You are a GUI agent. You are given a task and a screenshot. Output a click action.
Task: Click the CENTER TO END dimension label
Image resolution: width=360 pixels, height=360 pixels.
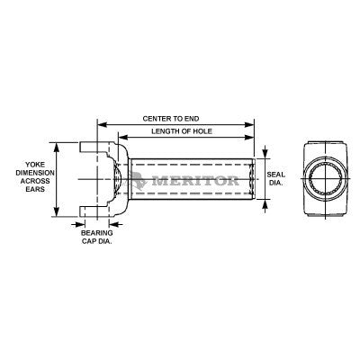tap(175, 119)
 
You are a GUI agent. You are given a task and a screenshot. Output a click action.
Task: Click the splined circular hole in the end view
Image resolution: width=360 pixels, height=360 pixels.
tap(325, 179)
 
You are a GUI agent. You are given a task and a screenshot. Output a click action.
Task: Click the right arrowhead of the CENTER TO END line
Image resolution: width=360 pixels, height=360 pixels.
tap(250, 125)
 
